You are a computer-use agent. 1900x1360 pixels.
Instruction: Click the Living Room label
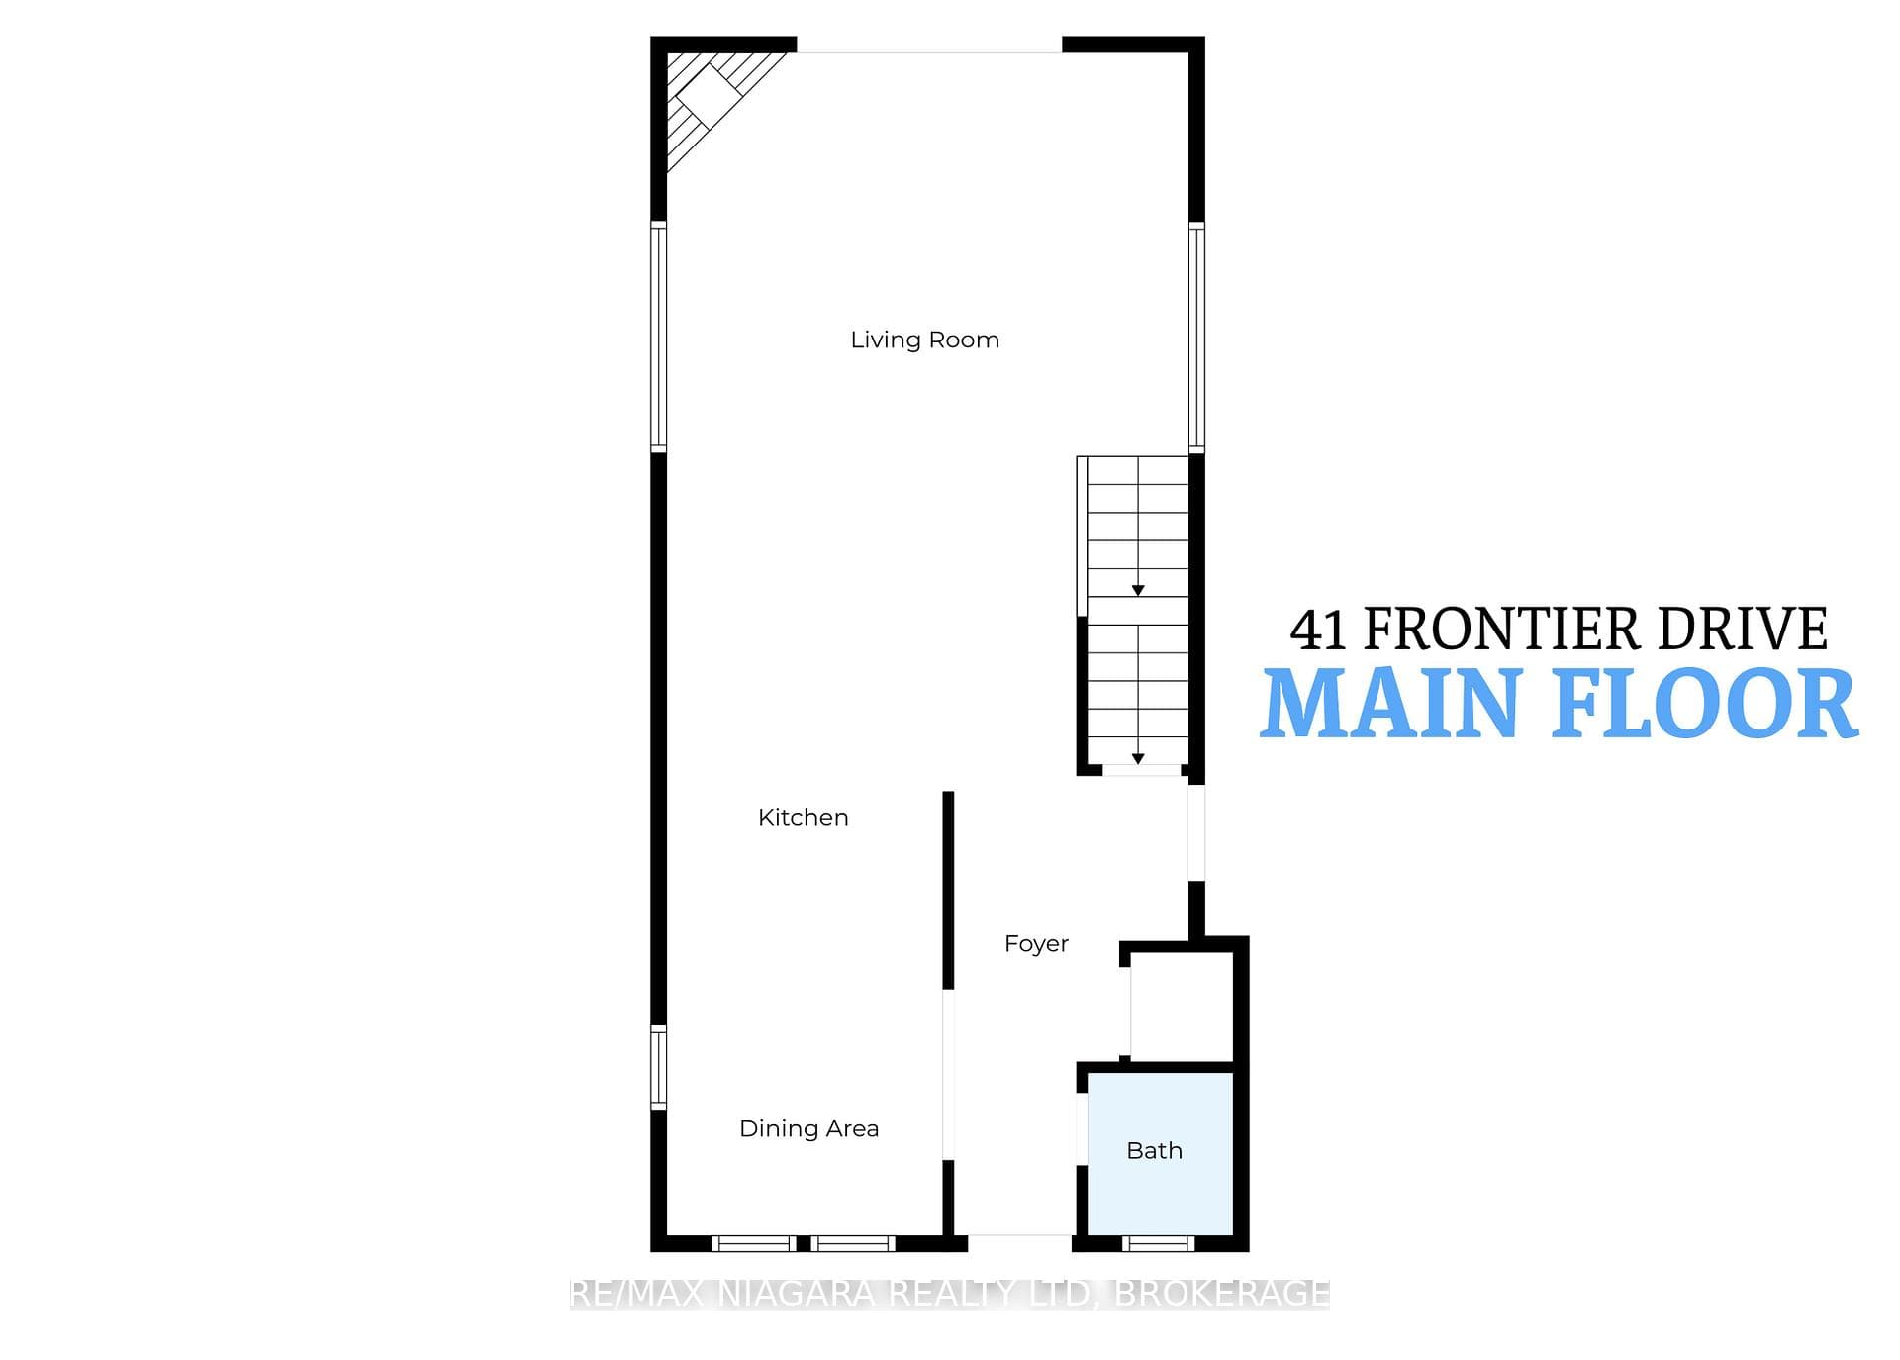point(924,340)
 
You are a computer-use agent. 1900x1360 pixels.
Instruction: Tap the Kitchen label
point(803,817)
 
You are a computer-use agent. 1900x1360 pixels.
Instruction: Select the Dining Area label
point(808,1128)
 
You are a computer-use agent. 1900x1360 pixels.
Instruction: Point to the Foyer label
point(1036,943)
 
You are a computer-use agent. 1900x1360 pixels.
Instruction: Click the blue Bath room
point(1160,1153)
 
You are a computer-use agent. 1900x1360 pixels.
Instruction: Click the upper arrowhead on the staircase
point(1138,590)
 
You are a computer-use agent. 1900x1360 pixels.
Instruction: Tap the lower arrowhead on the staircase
point(1138,759)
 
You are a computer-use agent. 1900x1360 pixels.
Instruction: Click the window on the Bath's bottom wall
point(1158,1243)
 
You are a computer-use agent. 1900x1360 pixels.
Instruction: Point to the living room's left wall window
point(658,337)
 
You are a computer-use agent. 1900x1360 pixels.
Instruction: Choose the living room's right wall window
point(1196,337)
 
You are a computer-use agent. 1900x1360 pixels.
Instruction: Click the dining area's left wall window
point(658,1067)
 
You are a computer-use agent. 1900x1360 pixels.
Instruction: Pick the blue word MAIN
point(1392,704)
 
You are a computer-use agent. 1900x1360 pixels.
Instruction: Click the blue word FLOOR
point(1704,704)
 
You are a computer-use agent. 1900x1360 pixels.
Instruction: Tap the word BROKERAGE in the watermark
point(1222,1294)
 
